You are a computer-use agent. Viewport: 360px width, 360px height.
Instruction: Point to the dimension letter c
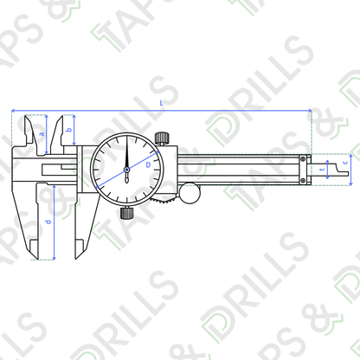tap(347, 162)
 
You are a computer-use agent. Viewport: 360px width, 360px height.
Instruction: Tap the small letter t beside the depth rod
tap(322, 170)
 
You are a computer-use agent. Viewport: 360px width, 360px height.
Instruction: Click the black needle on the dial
tap(126, 156)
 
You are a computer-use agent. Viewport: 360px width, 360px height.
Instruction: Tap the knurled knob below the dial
tap(126, 212)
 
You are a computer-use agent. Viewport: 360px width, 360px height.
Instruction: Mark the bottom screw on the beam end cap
tap(303, 180)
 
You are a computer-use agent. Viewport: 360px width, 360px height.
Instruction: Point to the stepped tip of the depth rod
tap(350, 176)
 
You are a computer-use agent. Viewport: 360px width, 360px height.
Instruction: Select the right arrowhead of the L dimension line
tap(306, 111)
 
